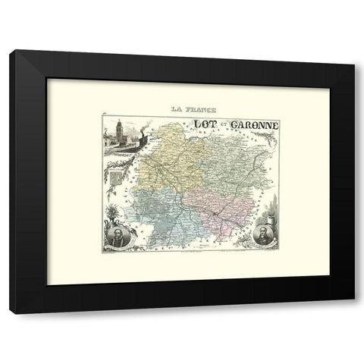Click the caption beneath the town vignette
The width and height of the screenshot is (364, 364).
(119, 160)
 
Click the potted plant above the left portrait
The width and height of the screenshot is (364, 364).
(115, 205)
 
